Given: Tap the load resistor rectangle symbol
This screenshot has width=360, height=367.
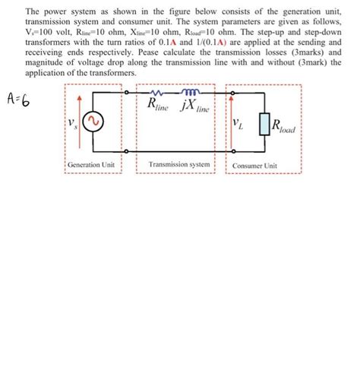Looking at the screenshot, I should tap(264, 124).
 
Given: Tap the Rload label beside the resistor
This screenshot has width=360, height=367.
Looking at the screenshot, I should tap(286, 126).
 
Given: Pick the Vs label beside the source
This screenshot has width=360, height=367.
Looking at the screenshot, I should tap(72, 121).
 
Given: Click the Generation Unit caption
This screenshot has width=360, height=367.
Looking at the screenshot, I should tap(90, 165).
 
